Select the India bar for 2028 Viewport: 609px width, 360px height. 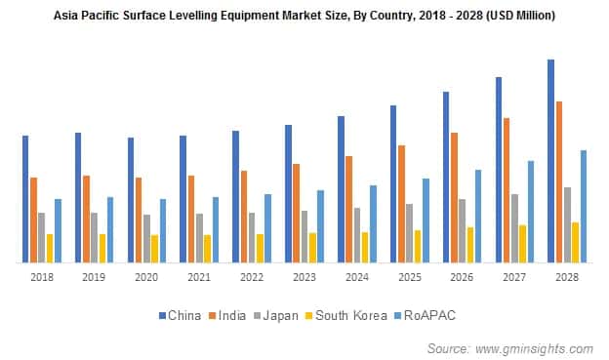pyautogui.click(x=559, y=181)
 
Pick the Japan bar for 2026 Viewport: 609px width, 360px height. pyautogui.click(x=463, y=230)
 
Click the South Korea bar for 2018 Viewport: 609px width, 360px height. pyautogui.click(x=50, y=248)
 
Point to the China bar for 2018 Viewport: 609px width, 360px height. pyautogui.click(x=25, y=199)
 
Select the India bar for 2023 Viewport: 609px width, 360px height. pyautogui.click(x=297, y=213)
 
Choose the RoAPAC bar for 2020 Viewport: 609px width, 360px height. pyautogui.click(x=163, y=230)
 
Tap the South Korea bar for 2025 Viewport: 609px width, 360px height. pyautogui.click(x=418, y=246)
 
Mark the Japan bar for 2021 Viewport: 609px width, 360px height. pyautogui.click(x=200, y=238)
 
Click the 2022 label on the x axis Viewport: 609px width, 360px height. pyautogui.click(x=251, y=278)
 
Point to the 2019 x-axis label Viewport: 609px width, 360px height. pyautogui.click(x=94, y=278)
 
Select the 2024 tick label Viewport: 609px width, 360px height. pyautogui.click(x=356, y=278)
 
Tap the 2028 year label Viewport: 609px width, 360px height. pyautogui.click(x=566, y=278)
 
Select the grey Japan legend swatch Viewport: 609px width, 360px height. pyautogui.click(x=256, y=316)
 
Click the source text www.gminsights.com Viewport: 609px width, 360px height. pyautogui.click(x=534, y=347)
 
